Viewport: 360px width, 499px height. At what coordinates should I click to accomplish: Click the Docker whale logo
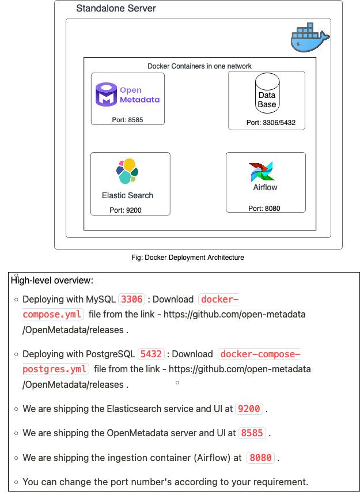pos(309,38)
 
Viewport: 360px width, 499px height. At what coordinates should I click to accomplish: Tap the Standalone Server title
pos(116,9)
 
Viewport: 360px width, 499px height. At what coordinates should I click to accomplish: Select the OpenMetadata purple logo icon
pos(106,95)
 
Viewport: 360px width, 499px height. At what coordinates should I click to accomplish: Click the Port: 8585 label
pos(127,120)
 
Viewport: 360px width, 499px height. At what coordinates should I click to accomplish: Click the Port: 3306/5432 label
pos(267,123)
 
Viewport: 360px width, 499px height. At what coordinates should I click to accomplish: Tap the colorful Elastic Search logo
pos(127,171)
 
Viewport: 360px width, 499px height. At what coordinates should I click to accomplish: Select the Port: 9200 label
pos(126,210)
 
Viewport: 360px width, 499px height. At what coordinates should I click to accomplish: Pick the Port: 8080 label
pos(264,208)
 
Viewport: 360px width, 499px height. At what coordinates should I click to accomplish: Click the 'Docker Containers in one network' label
pos(199,66)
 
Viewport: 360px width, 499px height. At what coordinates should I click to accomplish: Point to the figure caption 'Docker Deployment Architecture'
pos(188,258)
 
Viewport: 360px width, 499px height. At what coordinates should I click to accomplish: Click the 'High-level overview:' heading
pos(52,281)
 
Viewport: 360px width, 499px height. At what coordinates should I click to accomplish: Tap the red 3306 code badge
pos(131,299)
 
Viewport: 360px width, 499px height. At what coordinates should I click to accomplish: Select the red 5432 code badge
pos(151,354)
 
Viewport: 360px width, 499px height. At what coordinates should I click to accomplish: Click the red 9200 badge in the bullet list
pos(249,409)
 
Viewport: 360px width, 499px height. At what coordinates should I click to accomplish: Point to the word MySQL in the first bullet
pos(101,299)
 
